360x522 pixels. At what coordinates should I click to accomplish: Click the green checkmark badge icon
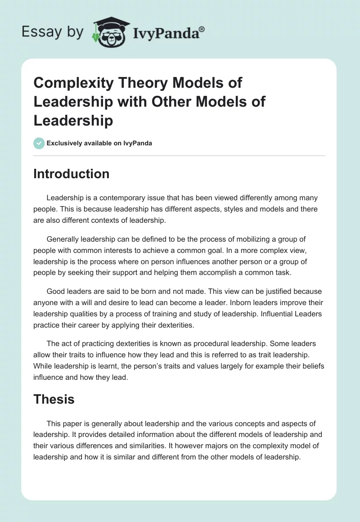point(39,143)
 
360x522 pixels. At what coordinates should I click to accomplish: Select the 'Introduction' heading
point(71,174)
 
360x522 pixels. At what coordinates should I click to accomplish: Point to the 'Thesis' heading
point(54,399)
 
